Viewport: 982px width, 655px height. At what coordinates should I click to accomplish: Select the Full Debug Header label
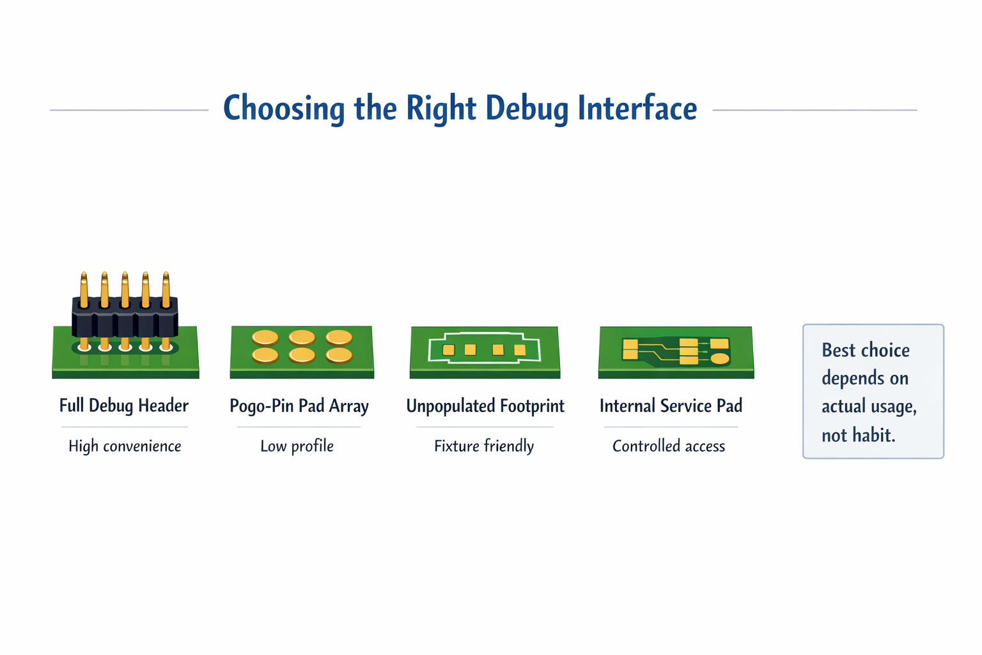124,406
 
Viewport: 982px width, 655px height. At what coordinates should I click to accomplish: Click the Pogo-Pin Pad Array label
299,406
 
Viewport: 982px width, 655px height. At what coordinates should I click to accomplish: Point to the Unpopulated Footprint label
485,406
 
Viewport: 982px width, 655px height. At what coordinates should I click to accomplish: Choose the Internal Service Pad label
671,406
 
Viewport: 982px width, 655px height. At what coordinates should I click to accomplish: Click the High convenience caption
125,446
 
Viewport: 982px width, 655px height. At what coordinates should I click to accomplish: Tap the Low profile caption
297,446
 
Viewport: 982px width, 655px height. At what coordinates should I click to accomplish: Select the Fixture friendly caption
484,446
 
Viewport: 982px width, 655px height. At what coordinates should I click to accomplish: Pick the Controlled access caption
669,446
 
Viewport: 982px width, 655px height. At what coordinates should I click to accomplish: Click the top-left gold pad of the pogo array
265,337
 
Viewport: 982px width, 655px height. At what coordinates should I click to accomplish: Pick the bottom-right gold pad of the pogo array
339,354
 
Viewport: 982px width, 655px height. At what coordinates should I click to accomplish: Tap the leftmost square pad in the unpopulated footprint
449,350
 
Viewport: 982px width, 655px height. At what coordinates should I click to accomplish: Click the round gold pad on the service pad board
720,359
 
